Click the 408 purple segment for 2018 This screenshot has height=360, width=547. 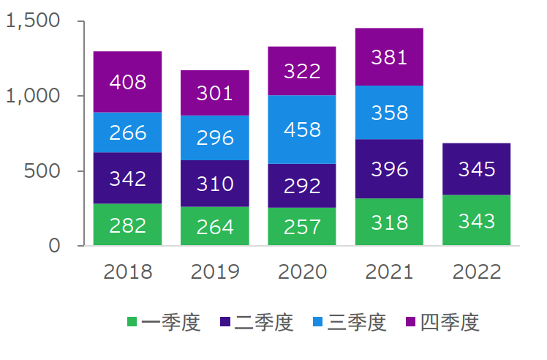pos(127,81)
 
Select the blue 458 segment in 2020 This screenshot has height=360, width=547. pos(301,130)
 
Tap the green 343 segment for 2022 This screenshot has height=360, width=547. pos(477,220)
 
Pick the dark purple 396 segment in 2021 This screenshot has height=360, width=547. pos(389,168)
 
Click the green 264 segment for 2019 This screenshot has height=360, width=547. pos(215,226)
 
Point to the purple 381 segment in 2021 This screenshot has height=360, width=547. pos(389,57)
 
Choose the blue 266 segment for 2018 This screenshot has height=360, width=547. pos(127,132)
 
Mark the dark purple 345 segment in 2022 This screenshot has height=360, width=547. pos(477,169)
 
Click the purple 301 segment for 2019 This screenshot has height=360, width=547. pos(215,93)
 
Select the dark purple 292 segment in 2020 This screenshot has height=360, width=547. pos(301,185)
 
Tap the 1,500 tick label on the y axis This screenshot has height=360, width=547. pos(33,21)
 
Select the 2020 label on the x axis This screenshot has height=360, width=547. pos(302,271)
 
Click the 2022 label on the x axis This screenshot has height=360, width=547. pos(477,271)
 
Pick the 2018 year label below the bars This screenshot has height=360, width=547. pos(128,271)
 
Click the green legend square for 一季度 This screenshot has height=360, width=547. pos(132,321)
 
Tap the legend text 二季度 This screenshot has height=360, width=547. pos(264,321)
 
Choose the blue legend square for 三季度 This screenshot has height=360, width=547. pos(318,321)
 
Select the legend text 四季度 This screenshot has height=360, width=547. pos(450,321)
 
